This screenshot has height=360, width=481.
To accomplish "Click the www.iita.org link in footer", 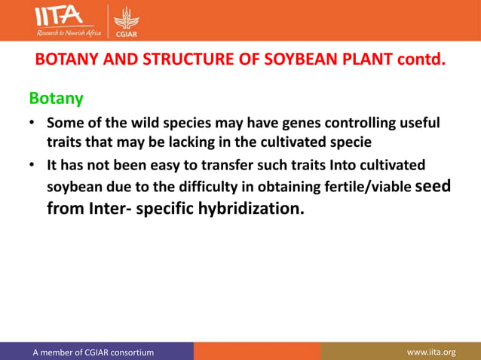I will (x=431, y=352).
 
